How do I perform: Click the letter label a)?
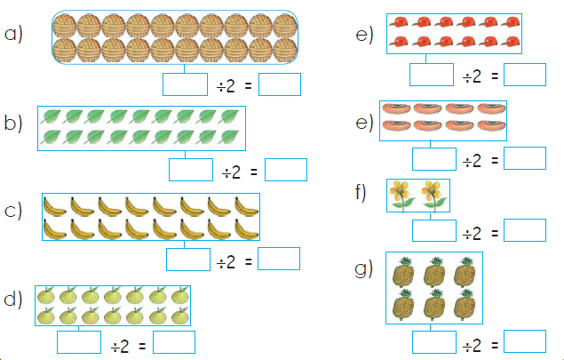pyautogui.click(x=13, y=35)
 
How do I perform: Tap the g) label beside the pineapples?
pyautogui.click(x=363, y=269)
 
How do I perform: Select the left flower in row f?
pyautogui.click(x=402, y=195)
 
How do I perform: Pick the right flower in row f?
pyautogui.click(x=433, y=195)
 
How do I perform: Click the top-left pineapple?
pyautogui.click(x=404, y=272)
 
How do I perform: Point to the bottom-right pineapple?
pyautogui.click(x=465, y=304)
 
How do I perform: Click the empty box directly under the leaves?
pyautogui.click(x=191, y=170)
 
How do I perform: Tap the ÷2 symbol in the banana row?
pyautogui.click(x=226, y=261)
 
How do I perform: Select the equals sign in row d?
pyautogui.click(x=142, y=347)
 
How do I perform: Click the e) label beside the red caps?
pyautogui.click(x=364, y=35)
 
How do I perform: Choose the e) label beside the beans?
pyautogui.click(x=364, y=123)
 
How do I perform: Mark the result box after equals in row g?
pyautogui.click(x=525, y=341)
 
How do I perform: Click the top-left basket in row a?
pyautogui.click(x=65, y=26)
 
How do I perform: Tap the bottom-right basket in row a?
pyautogui.click(x=285, y=50)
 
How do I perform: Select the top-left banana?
pyautogui.click(x=55, y=206)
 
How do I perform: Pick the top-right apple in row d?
pyautogui.click(x=180, y=295)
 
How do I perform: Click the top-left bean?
pyautogui.click(x=395, y=108)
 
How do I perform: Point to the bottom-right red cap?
pyautogui.click(x=510, y=42)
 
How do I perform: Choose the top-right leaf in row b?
pyautogui.click(x=230, y=116)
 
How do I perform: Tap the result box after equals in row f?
pyautogui.click(x=525, y=230)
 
